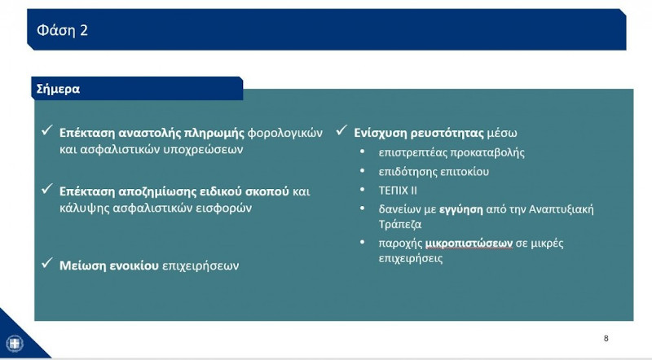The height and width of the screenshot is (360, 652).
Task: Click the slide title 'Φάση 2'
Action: click(62, 30)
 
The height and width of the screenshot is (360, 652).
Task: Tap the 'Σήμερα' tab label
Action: click(58, 89)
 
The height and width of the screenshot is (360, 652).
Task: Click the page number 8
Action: click(606, 338)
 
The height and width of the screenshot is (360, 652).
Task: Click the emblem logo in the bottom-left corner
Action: click(15, 345)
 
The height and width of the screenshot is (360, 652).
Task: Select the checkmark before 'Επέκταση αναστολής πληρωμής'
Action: click(48, 131)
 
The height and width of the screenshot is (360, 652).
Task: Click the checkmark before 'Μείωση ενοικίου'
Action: click(48, 264)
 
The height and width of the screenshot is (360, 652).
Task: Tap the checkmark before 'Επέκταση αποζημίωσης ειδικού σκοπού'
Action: click(48, 191)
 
